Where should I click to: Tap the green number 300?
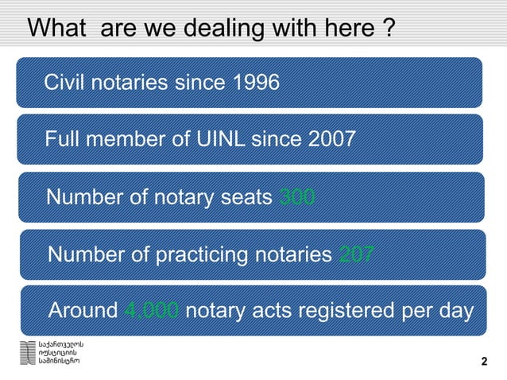(x=298, y=196)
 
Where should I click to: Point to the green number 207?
(x=357, y=254)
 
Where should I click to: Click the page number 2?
(x=485, y=363)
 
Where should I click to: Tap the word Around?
(x=83, y=310)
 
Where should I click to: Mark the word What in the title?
(x=56, y=30)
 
